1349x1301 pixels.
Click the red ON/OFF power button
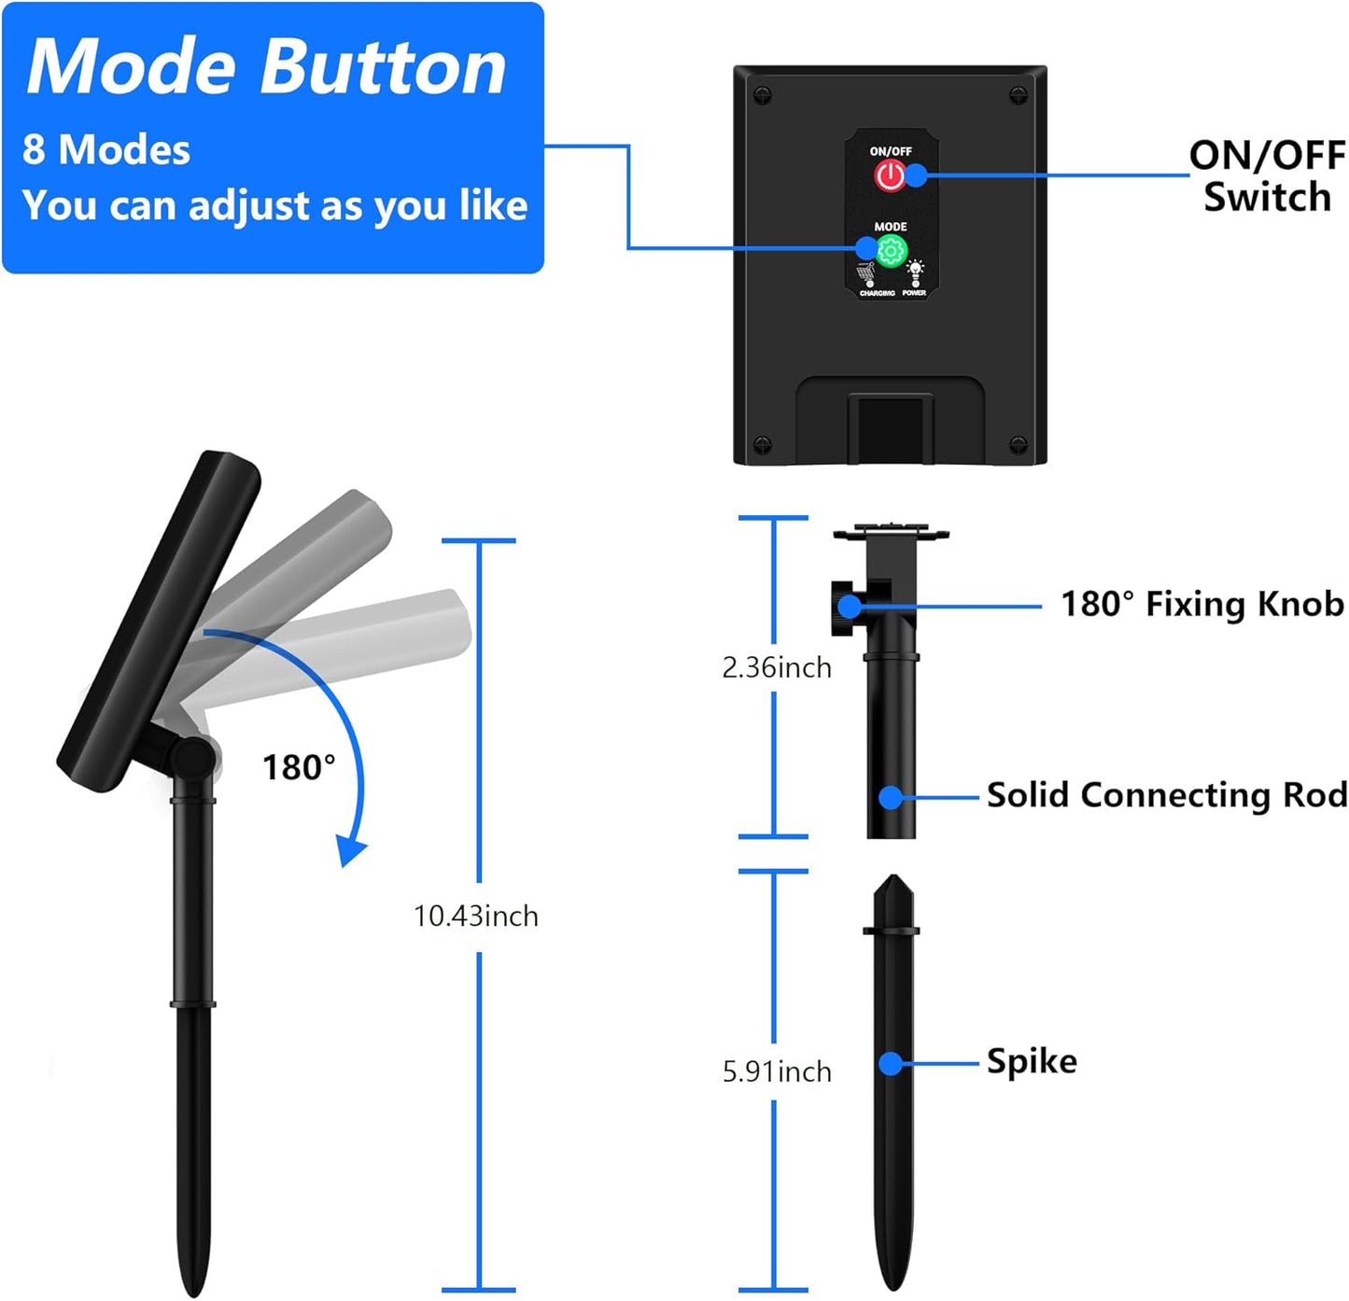tap(890, 175)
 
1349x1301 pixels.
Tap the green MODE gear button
tap(892, 250)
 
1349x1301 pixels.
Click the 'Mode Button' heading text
tap(267, 67)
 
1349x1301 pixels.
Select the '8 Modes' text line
tap(106, 149)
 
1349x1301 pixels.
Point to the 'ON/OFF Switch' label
tap(1267, 176)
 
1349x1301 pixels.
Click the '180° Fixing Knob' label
tap(1201, 605)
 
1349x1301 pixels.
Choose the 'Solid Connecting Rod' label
tap(1167, 795)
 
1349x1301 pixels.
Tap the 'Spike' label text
tap(1032, 1061)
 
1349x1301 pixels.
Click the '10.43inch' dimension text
tap(476, 916)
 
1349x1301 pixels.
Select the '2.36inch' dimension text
tap(777, 667)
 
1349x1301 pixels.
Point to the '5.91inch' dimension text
tap(777, 1071)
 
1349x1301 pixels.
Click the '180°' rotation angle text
tap(299, 767)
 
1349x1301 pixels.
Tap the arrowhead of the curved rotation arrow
tap(352, 851)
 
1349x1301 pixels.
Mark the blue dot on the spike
tap(891, 1063)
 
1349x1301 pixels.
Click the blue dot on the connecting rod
tap(891, 797)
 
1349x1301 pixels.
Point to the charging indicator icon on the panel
tap(867, 275)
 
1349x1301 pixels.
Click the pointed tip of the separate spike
tap(893, 880)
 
